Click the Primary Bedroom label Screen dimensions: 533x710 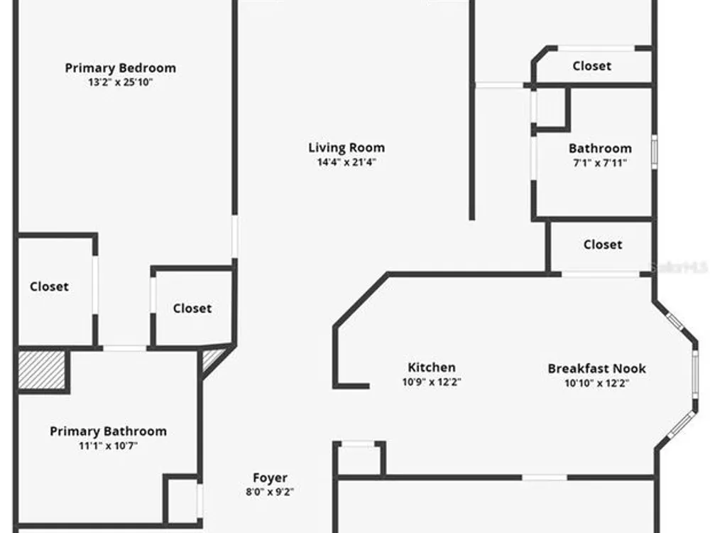(120, 68)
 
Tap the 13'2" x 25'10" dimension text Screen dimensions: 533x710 (120, 82)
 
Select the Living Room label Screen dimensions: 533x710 (346, 148)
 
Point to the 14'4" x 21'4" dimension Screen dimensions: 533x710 (346, 162)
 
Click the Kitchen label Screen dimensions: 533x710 (432, 367)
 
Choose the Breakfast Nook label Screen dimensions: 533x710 (597, 368)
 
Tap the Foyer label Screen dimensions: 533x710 (271, 478)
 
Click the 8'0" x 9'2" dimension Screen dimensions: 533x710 (271, 491)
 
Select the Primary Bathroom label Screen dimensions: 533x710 (108, 431)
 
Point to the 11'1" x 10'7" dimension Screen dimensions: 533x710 (108, 446)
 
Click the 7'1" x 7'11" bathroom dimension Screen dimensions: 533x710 (600, 163)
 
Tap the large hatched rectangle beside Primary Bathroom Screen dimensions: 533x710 (42, 370)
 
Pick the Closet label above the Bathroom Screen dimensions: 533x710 (592, 66)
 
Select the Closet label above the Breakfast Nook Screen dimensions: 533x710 (603, 244)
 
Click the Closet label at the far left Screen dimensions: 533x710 (50, 287)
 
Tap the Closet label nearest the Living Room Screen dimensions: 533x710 (192, 308)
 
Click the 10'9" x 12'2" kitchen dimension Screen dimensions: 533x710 (432, 382)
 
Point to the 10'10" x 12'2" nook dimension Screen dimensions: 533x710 (597, 382)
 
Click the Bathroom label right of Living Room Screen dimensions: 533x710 (600, 149)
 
